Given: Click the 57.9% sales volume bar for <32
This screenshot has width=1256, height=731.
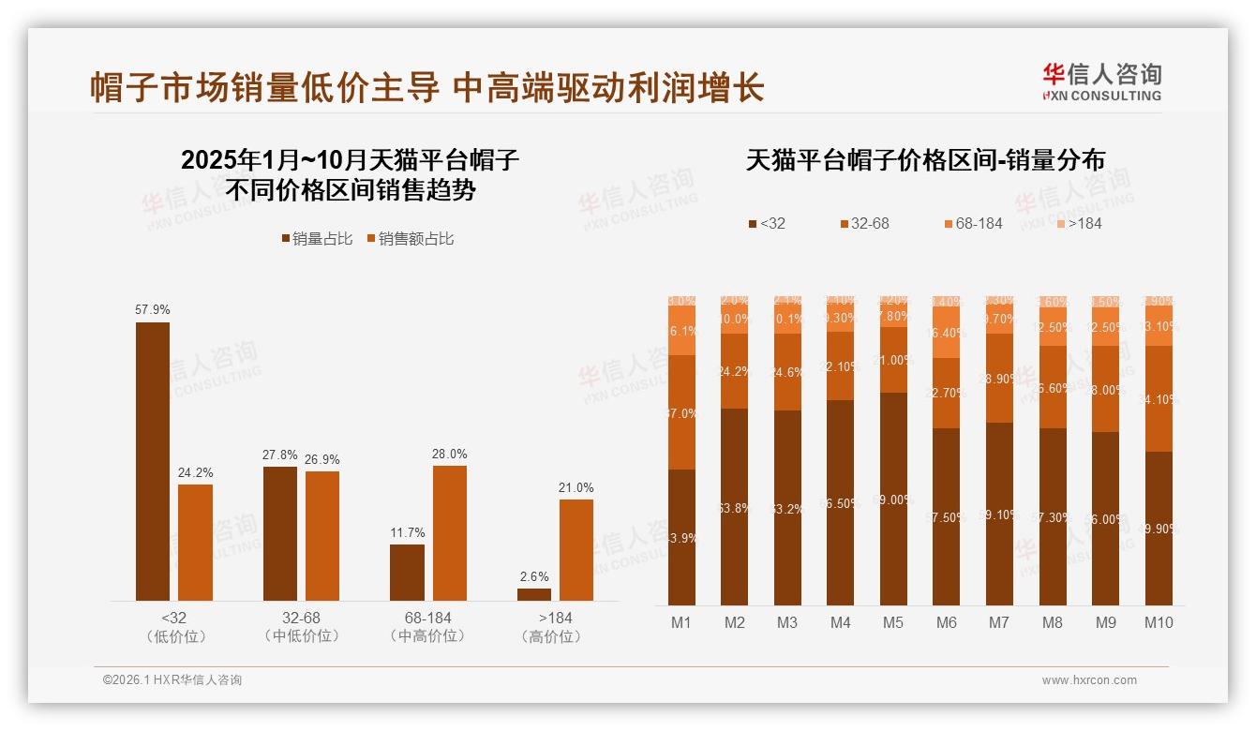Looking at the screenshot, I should pyautogui.click(x=153, y=461).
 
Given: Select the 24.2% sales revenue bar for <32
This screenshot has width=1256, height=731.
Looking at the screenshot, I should pyautogui.click(x=195, y=542).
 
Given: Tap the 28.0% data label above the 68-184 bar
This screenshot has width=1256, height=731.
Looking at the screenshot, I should pyautogui.click(x=449, y=455).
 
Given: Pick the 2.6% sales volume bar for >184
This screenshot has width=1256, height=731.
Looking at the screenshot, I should pyautogui.click(x=534, y=594).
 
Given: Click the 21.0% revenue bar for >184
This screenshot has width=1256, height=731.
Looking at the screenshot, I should pyautogui.click(x=576, y=549).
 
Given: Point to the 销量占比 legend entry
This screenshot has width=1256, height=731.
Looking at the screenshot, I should pyautogui.click(x=317, y=239).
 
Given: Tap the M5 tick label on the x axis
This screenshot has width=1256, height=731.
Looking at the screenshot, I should pyautogui.click(x=892, y=622).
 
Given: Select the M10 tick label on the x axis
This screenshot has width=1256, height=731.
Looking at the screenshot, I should pyautogui.click(x=1159, y=622).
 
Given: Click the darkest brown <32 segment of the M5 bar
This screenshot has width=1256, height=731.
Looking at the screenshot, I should pyautogui.click(x=893, y=499).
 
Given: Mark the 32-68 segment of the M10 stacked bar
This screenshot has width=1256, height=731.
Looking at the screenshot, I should pyautogui.click(x=1159, y=398).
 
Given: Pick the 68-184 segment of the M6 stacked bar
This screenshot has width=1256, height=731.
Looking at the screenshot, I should pyautogui.click(x=947, y=333).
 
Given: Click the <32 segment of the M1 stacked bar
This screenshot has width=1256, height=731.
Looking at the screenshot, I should pyautogui.click(x=681, y=537).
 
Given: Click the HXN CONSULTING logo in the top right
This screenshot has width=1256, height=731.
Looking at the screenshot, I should pyautogui.click(x=1101, y=82).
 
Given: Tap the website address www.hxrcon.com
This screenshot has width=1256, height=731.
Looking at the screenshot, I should pyautogui.click(x=1089, y=680).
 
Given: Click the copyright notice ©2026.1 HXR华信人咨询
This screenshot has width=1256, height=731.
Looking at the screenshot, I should pyautogui.click(x=172, y=680).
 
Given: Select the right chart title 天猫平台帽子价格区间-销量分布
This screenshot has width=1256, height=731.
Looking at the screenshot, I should pyautogui.click(x=925, y=160).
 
